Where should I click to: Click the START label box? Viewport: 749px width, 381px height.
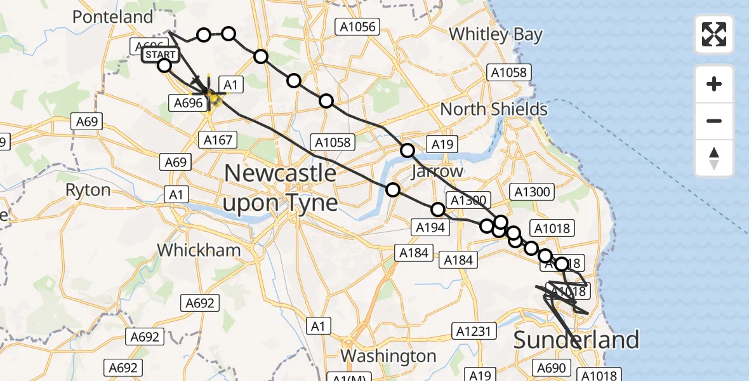160,55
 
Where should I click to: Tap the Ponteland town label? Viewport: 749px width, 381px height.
113,17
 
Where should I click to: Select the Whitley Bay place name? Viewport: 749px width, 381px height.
496,34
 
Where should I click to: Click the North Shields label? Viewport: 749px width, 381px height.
494,109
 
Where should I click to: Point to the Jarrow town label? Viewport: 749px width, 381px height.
437,171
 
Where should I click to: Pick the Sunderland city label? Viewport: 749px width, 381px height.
576,340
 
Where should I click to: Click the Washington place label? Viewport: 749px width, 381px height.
388,355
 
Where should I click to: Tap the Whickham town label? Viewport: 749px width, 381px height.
199,250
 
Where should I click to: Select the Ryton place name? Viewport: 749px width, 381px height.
88,190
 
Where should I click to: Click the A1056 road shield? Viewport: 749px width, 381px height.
357,27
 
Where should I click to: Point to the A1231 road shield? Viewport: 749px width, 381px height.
472,330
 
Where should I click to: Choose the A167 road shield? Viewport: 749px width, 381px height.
218,140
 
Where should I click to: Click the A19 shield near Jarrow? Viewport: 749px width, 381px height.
442,144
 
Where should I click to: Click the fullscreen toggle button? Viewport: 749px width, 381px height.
714,34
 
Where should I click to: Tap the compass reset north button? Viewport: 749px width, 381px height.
714,157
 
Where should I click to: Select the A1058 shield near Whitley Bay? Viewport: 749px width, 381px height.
510,72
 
